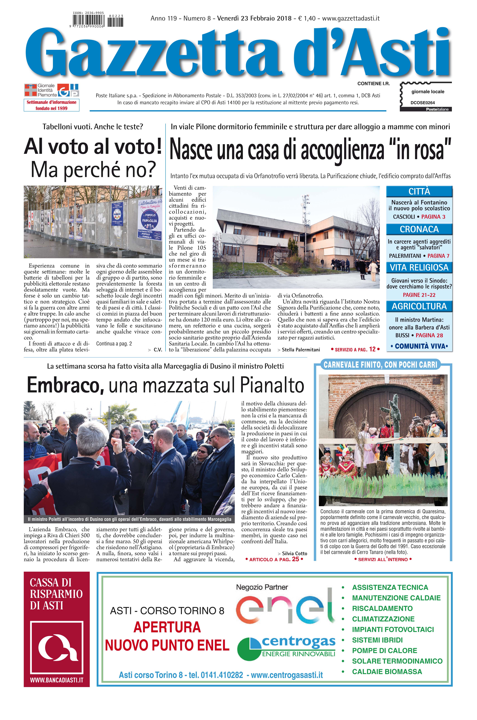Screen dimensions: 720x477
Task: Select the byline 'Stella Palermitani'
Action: point(301,350)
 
